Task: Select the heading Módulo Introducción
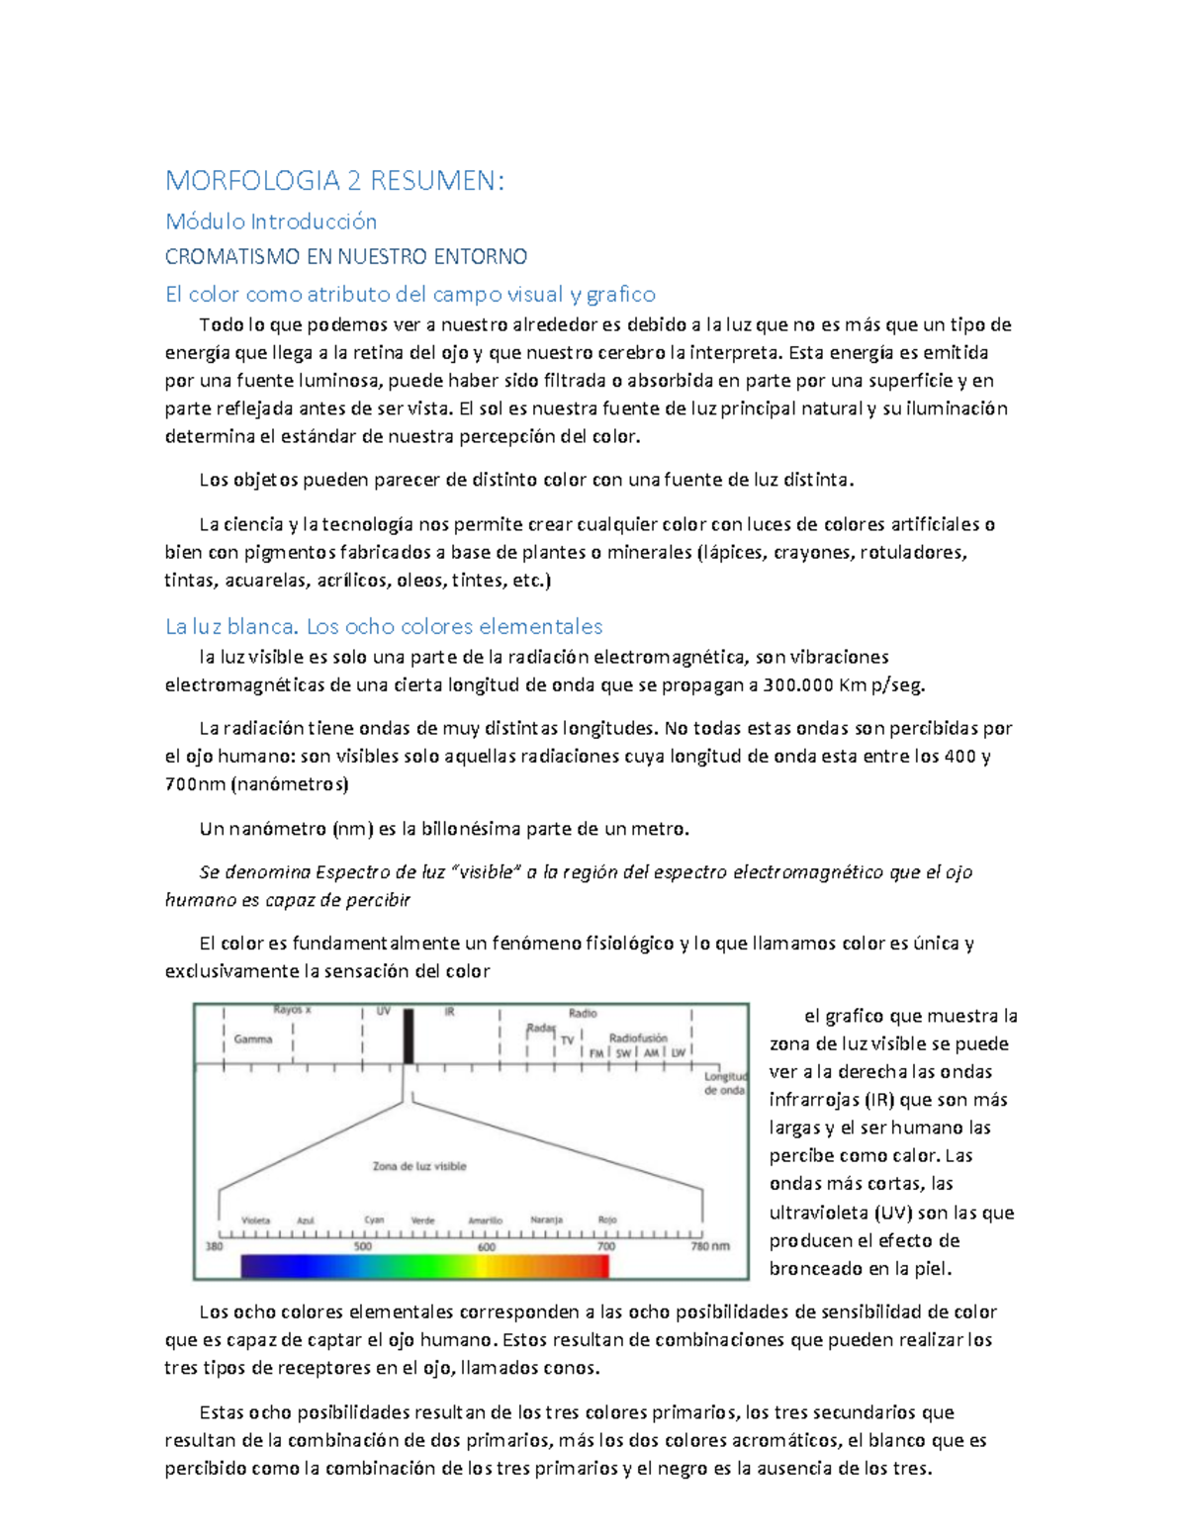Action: (x=270, y=221)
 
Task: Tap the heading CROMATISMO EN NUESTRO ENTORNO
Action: (x=345, y=257)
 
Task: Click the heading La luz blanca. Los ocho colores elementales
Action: (x=384, y=626)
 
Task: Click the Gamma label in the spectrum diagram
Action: (x=253, y=1039)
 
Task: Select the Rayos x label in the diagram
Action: (x=292, y=1011)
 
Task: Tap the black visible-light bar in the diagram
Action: (x=409, y=1036)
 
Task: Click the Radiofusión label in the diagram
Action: (x=638, y=1038)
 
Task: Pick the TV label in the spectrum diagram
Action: (x=567, y=1040)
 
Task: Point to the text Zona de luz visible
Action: (x=419, y=1166)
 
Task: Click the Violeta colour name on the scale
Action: (x=255, y=1220)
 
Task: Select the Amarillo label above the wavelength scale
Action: (x=485, y=1220)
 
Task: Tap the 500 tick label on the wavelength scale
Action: (x=363, y=1246)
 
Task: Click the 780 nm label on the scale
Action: (x=709, y=1246)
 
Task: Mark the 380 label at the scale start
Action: (x=214, y=1246)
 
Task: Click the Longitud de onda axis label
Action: (x=725, y=1083)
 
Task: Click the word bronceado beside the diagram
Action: (x=815, y=1269)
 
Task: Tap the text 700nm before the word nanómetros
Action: (x=195, y=784)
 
